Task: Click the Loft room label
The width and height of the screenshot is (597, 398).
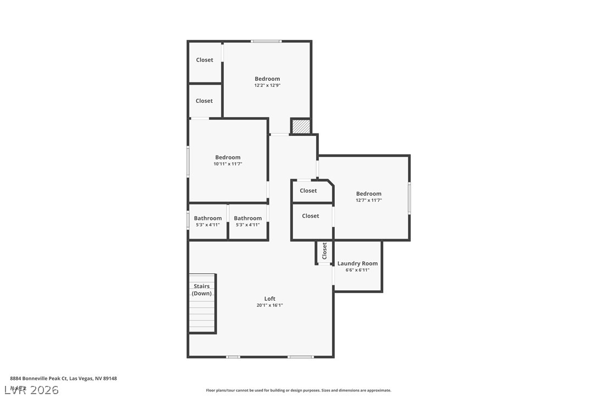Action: click(x=269, y=298)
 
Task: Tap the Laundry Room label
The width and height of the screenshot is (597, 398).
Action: click(x=357, y=263)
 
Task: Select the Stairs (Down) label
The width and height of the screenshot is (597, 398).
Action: click(x=202, y=290)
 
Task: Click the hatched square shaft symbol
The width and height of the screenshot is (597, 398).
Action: click(x=300, y=126)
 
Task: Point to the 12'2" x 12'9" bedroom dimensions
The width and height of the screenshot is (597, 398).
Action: click(x=267, y=86)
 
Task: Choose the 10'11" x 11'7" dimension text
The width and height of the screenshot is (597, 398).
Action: click(x=228, y=164)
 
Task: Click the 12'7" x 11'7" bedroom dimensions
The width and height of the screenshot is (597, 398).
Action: click(x=368, y=201)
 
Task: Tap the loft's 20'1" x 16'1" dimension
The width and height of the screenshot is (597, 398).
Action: click(x=269, y=306)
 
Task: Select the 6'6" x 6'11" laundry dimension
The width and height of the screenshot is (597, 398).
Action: click(x=357, y=270)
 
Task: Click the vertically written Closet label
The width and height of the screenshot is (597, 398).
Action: click(x=324, y=251)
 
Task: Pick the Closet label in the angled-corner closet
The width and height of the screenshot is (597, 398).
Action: click(x=308, y=191)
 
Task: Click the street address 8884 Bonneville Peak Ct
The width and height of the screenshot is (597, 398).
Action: click(x=63, y=378)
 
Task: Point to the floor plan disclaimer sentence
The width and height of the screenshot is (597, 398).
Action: click(x=298, y=390)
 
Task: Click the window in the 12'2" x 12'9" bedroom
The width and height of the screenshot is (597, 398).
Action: click(x=267, y=41)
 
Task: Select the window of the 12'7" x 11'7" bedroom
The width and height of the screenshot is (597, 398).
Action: click(x=409, y=198)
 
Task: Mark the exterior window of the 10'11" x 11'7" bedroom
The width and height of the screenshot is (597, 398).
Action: click(x=188, y=161)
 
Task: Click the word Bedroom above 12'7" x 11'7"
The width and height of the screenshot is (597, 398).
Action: click(x=368, y=194)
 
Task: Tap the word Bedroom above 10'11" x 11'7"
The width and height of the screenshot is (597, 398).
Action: click(x=228, y=157)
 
